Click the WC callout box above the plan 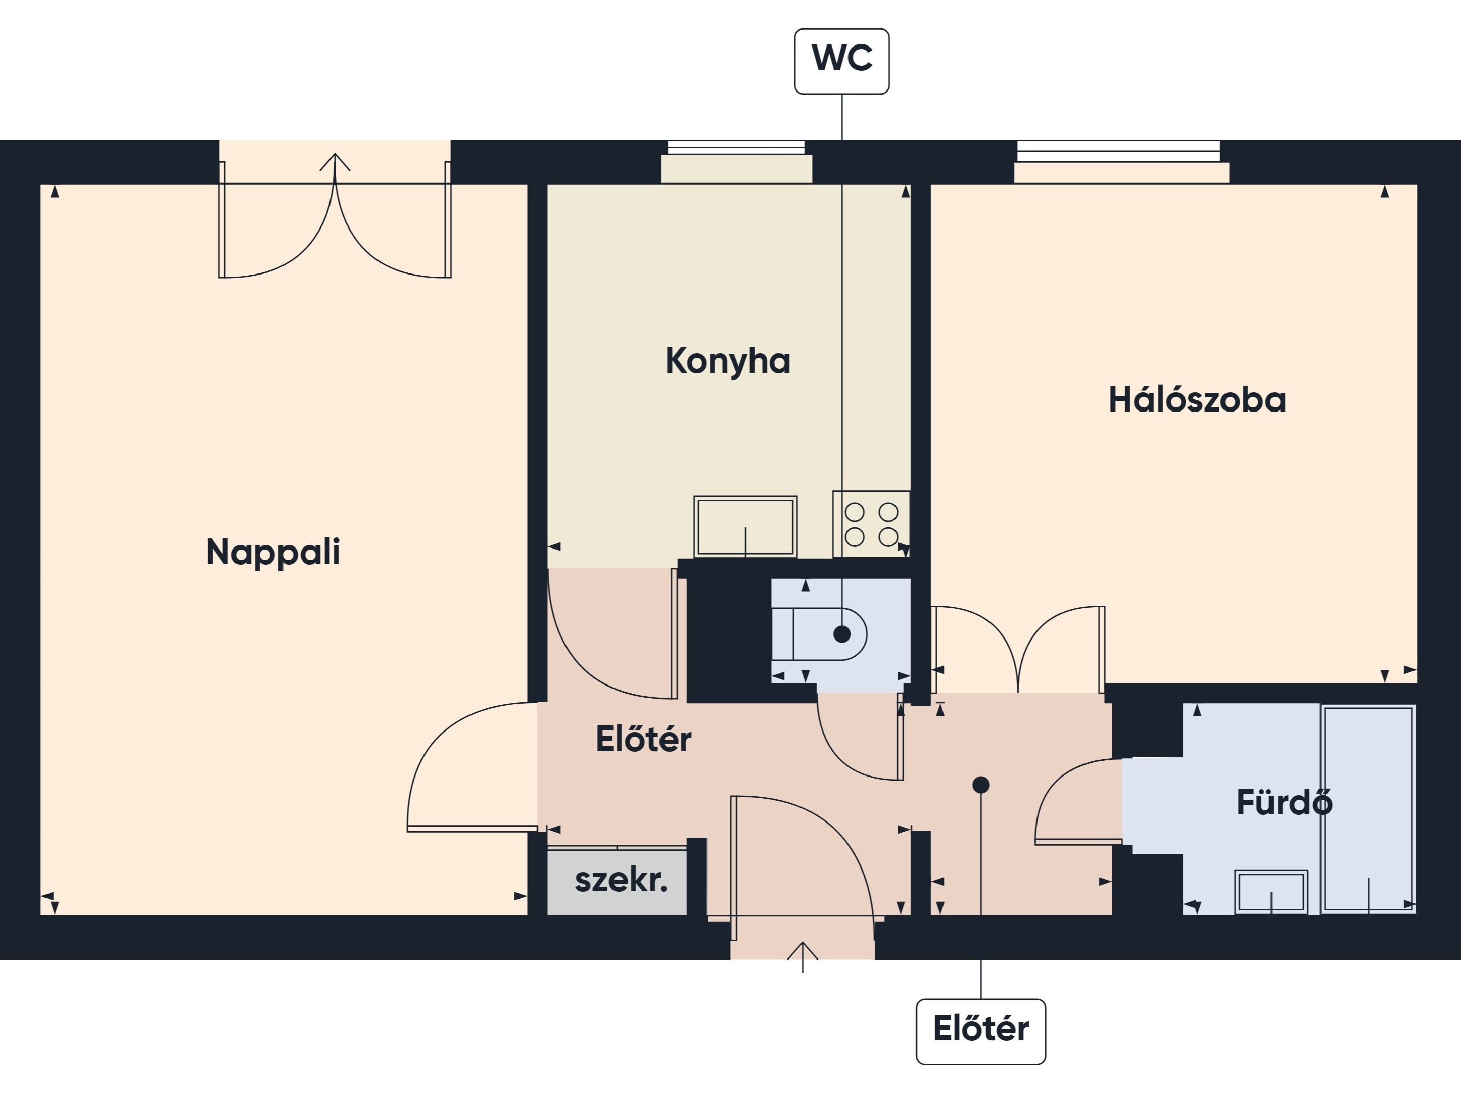[841, 61]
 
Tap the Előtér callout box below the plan [981, 1031]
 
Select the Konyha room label [727, 361]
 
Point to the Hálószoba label [1197, 400]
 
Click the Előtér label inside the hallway [643, 739]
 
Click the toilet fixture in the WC [819, 634]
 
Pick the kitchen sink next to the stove [745, 527]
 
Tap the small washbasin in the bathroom [1271, 891]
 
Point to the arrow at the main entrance [803, 956]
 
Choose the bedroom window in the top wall [1121, 161]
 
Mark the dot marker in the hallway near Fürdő [981, 785]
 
